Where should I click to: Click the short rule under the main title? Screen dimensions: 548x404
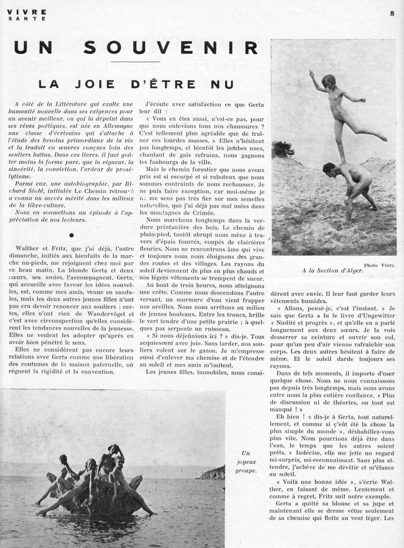pyautogui.click(x=142, y=62)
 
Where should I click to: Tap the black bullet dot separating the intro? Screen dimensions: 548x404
pyautogui.click(x=72, y=234)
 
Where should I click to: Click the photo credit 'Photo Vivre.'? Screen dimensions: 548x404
pyautogui.click(x=380, y=265)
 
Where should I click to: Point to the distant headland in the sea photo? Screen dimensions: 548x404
pyautogui.click(x=212, y=474)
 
